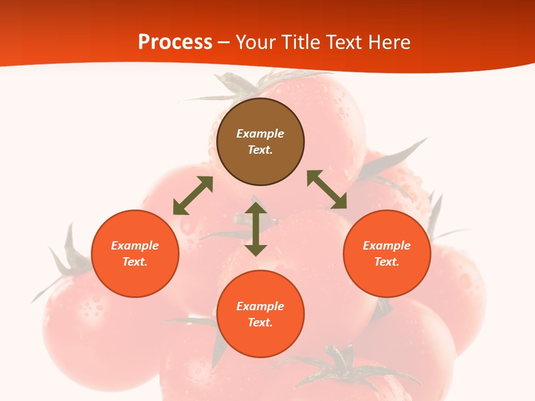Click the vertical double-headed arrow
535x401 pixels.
click(256, 229)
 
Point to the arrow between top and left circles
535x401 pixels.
click(193, 195)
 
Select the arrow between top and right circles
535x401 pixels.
click(327, 189)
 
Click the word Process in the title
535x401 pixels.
click(175, 42)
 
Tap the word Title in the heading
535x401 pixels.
click(302, 42)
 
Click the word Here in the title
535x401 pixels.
click(390, 42)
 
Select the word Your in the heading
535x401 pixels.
click(255, 42)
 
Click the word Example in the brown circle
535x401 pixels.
click(260, 134)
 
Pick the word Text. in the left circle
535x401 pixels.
click(135, 262)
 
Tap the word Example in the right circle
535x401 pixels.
click(387, 246)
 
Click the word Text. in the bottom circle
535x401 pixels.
click(260, 322)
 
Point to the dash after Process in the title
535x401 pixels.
click(223, 43)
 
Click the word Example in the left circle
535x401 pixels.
click(135, 246)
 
